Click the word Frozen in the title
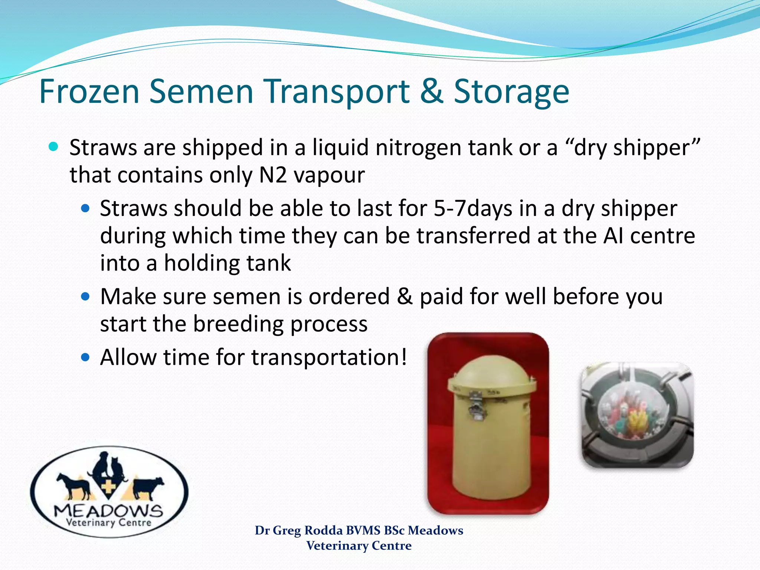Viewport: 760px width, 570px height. pos(89,91)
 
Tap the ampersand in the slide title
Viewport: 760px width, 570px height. pos(431,91)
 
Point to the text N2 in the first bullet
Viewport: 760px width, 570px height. pos(273,175)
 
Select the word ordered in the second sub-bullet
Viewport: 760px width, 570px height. pos(349,297)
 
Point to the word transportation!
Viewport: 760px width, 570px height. pos(329,357)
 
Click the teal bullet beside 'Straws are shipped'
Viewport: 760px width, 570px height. pos(53,147)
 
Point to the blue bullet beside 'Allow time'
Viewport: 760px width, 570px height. pos(85,357)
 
